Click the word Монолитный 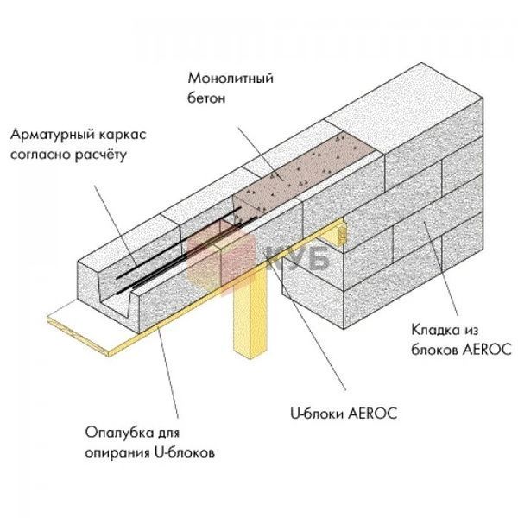pyautogui.click(x=231, y=79)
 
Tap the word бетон pyautogui.click(x=206, y=98)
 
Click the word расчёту pyautogui.click(x=100, y=155)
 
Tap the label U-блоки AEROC pyautogui.click(x=344, y=414)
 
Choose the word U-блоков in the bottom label pyautogui.click(x=185, y=452)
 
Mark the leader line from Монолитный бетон pyautogui.click(x=262, y=155)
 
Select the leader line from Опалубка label pyautogui.click(x=167, y=373)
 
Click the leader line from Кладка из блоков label pyautogui.click(x=441, y=269)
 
